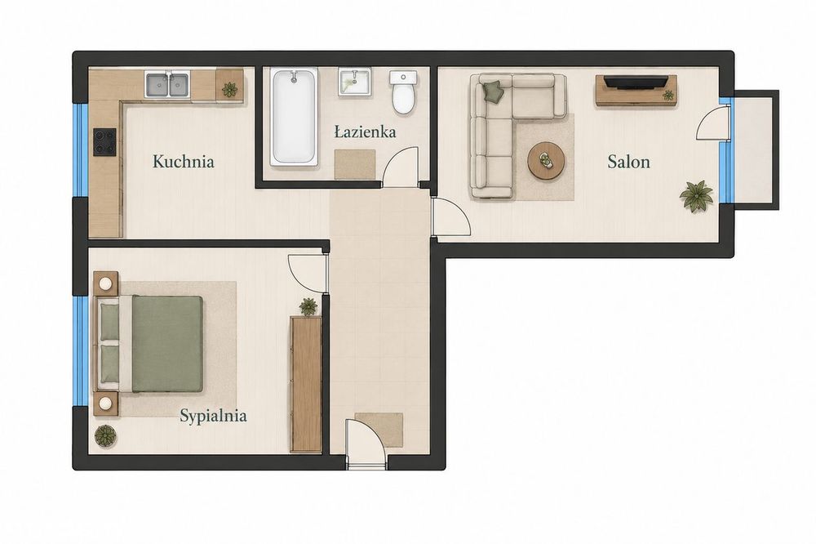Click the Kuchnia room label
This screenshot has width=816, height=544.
pos(183,162)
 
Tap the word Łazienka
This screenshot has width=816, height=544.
pos(365,132)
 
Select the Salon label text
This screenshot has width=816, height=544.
pos(628,162)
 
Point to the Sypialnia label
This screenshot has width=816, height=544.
pos(213,416)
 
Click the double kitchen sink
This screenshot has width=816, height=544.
pos(167,84)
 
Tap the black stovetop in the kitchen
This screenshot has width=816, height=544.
pos(104,142)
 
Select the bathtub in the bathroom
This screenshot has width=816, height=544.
pos(294,117)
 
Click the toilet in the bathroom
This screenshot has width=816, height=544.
pos(403,92)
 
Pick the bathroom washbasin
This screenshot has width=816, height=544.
pos(354,82)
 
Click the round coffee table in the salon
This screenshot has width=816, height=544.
pos(547,160)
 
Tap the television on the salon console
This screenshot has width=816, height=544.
pos(636,82)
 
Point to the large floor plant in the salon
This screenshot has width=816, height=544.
pos(696,196)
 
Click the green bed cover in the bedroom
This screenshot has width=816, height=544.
pos(167,344)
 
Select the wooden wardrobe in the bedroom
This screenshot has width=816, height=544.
pos(306,384)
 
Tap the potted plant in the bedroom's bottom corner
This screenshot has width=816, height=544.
pos(105,435)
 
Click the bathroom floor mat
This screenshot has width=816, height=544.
pos(355,164)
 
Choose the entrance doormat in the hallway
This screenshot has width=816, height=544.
pos(379,430)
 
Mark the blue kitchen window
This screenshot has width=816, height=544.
pos(81,150)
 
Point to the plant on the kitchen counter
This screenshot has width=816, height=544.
pos(229,89)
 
